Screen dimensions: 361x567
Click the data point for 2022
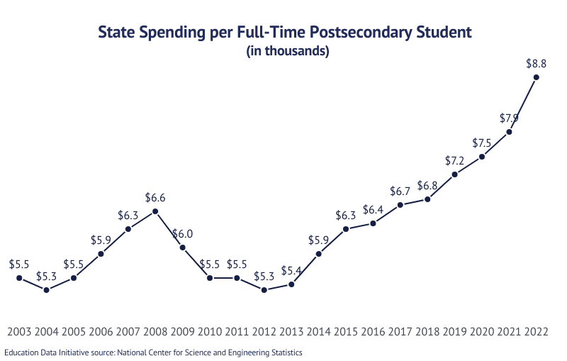(x=537, y=77)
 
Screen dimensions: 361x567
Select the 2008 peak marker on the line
(x=155, y=212)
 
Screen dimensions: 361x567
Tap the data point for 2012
(x=264, y=289)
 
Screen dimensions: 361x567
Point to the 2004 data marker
(x=47, y=289)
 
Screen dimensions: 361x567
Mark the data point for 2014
(x=319, y=254)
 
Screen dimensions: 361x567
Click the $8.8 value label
(x=536, y=63)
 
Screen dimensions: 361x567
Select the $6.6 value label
(x=155, y=198)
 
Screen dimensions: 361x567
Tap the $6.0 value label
(x=183, y=233)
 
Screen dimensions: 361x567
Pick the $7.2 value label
(x=455, y=160)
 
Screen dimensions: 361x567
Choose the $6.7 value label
(x=400, y=191)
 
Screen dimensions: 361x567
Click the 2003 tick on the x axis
(x=19, y=331)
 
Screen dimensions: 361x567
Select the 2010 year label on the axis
(x=210, y=331)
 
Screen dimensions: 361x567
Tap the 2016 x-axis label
(x=374, y=331)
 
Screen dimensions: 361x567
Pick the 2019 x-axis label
(x=455, y=331)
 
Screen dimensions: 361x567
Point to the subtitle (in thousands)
(x=287, y=51)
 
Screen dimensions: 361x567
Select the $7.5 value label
(x=482, y=142)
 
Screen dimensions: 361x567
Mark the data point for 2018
(x=428, y=199)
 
